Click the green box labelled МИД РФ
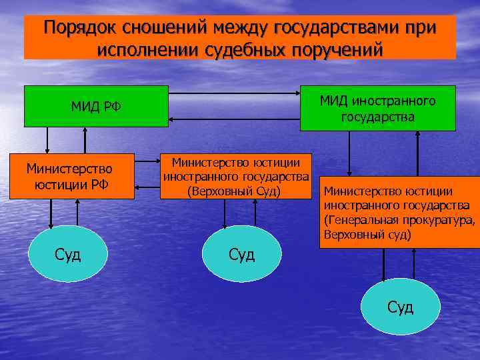pyautogui.click(x=96, y=106)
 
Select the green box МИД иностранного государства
pyautogui.click(x=377, y=108)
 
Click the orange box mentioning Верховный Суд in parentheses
pyautogui.click(x=236, y=176)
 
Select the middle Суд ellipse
pyautogui.click(x=241, y=254)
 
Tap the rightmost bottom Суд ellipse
pyautogui.click(x=400, y=307)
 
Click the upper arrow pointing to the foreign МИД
pyautogui.click(x=233, y=94)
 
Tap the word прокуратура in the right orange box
pyautogui.click(x=440, y=220)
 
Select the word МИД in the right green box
pyautogui.click(x=333, y=101)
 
